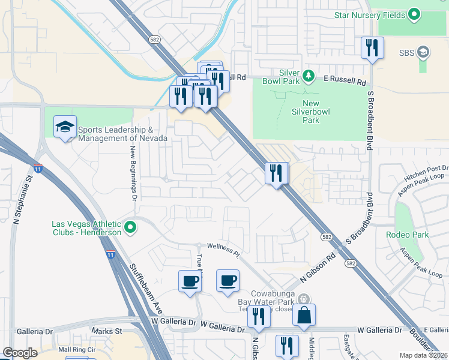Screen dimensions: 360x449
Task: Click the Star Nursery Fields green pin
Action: coord(414,14)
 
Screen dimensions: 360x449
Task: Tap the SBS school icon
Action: coord(424,52)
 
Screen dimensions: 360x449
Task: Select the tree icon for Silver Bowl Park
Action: coord(308,76)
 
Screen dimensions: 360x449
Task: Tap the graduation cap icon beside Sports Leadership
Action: coord(65,127)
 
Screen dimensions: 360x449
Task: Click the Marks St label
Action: coord(107,331)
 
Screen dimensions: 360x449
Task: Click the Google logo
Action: coord(19,353)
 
